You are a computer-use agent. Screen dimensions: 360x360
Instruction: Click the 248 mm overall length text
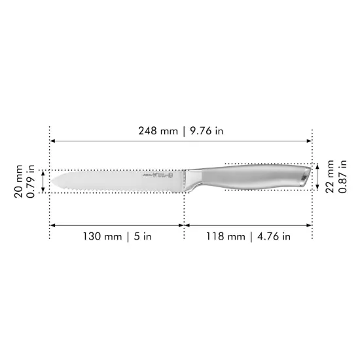(158, 131)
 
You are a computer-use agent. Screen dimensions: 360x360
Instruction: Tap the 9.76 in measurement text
(206, 131)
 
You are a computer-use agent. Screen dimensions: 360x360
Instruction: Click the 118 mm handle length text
(225, 236)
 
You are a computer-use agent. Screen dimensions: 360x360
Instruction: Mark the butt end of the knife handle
(308, 176)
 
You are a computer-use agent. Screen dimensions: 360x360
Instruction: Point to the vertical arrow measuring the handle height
(318, 177)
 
